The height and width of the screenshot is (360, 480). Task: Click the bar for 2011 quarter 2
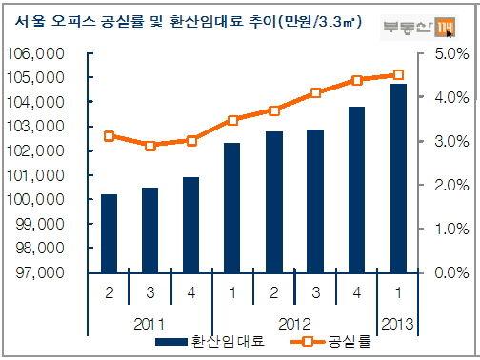(109, 233)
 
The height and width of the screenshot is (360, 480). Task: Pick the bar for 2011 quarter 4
(191, 225)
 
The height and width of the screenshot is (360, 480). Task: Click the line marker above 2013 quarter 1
(398, 74)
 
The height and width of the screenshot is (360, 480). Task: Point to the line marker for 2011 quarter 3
(150, 146)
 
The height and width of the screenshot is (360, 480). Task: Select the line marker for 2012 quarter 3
(315, 93)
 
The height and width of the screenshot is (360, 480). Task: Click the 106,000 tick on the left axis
(34, 53)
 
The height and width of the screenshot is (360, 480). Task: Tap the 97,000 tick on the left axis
(36, 273)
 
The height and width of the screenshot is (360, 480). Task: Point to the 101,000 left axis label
(34, 175)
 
